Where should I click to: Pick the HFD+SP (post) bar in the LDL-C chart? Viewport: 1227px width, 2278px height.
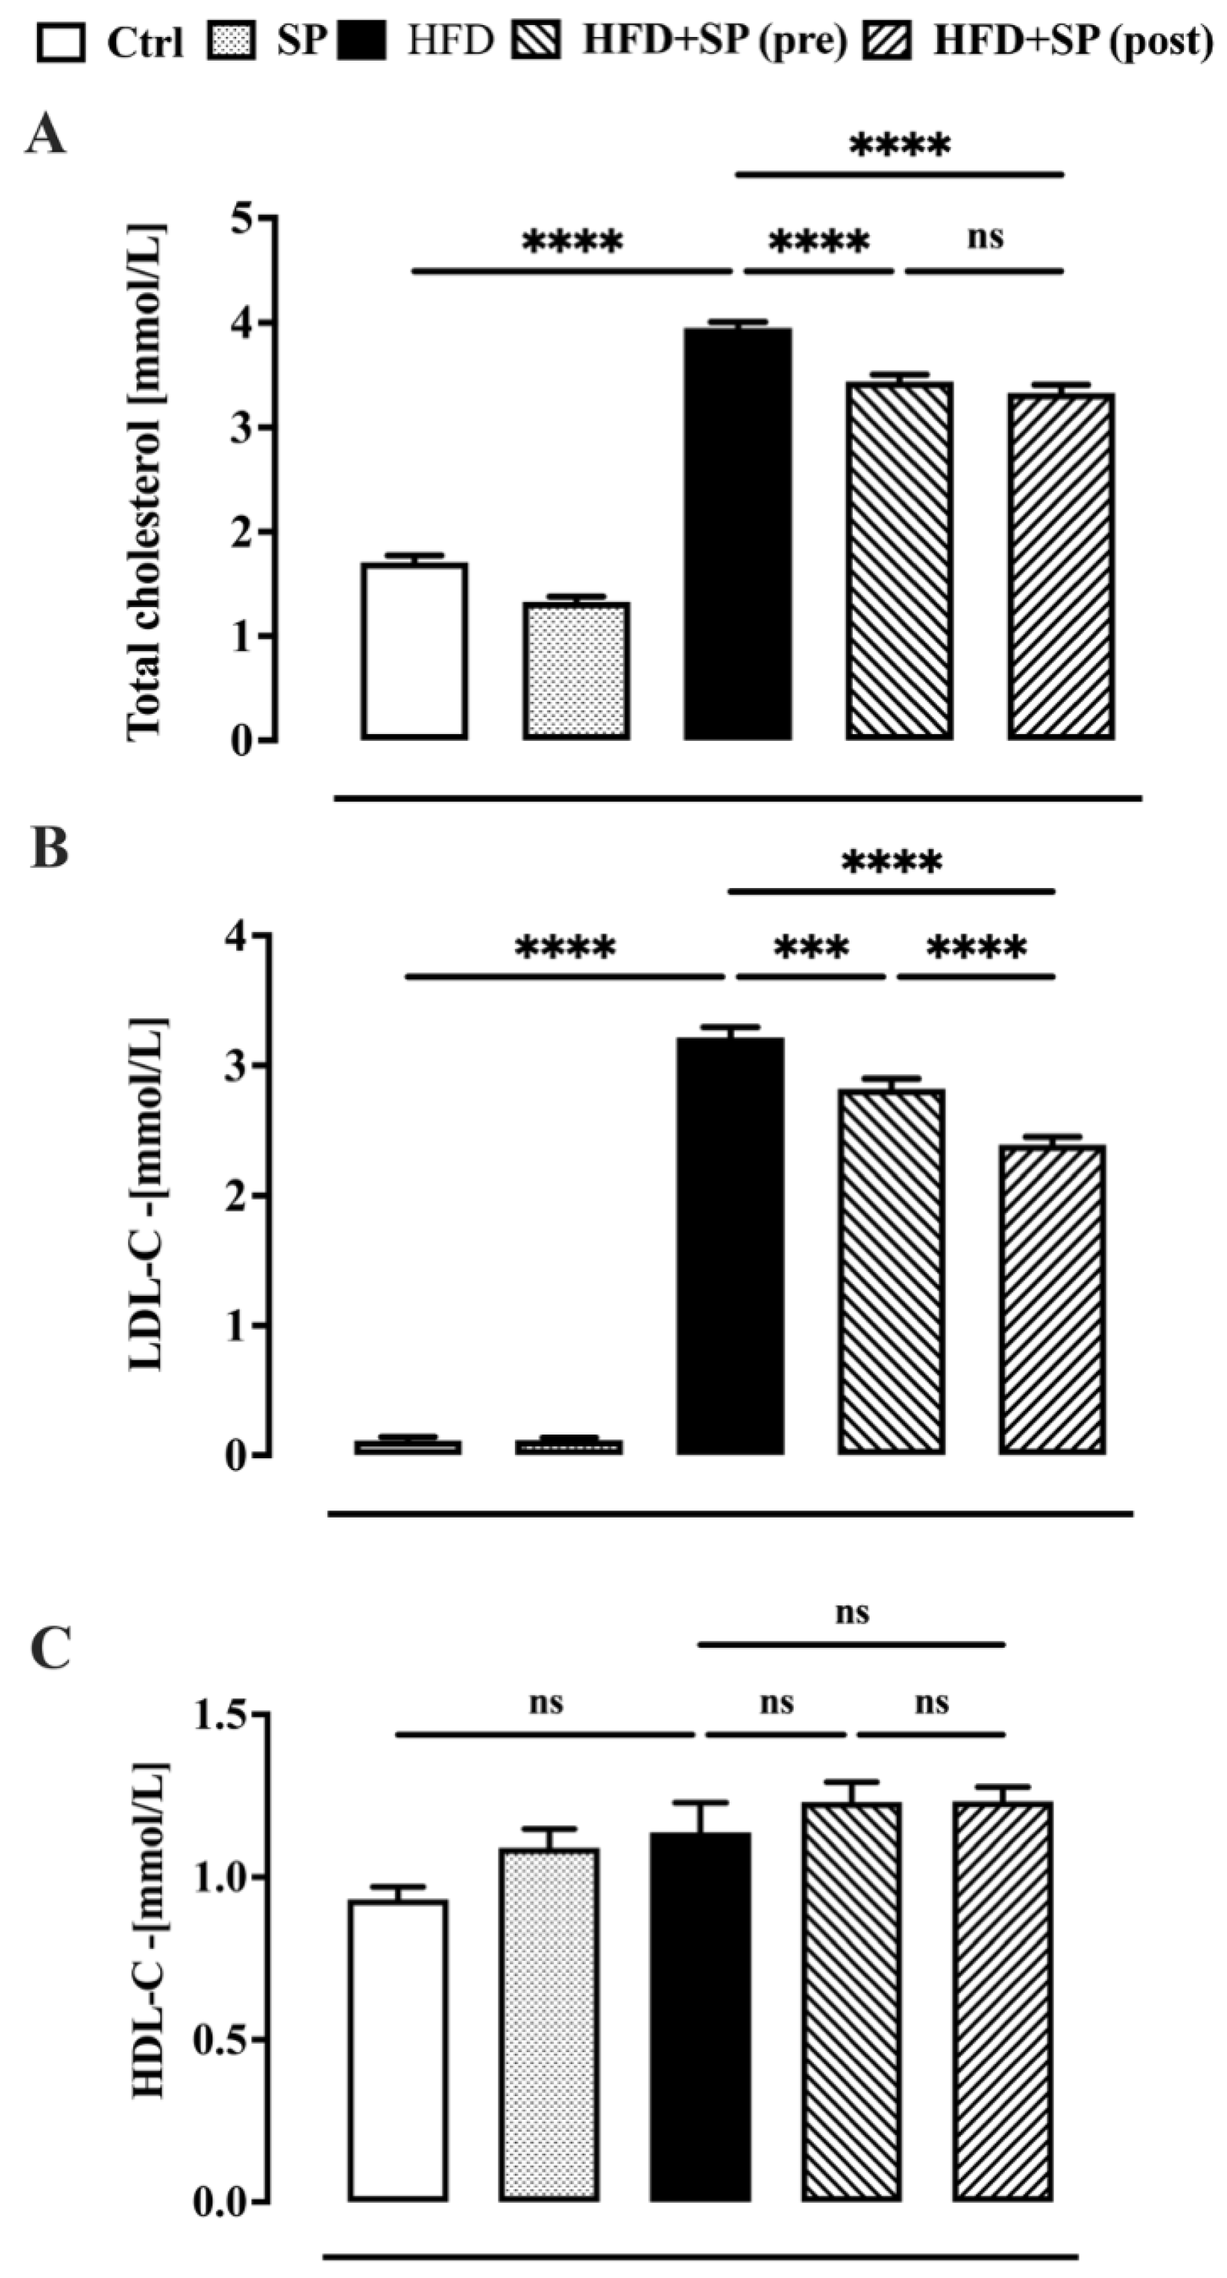pyautogui.click(x=1052, y=1299)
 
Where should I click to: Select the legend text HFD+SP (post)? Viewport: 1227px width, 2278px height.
pyautogui.click(x=1072, y=40)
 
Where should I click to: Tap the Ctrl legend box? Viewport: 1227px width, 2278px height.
pyautogui.click(x=61, y=43)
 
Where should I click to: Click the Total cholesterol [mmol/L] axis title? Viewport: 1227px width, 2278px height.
pyautogui.click(x=146, y=482)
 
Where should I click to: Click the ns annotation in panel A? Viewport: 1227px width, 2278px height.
pyautogui.click(x=985, y=237)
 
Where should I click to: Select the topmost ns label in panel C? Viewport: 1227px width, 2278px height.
pyautogui.click(x=852, y=1612)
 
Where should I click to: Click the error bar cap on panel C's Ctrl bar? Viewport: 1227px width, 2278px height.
pyautogui.click(x=397, y=1887)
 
